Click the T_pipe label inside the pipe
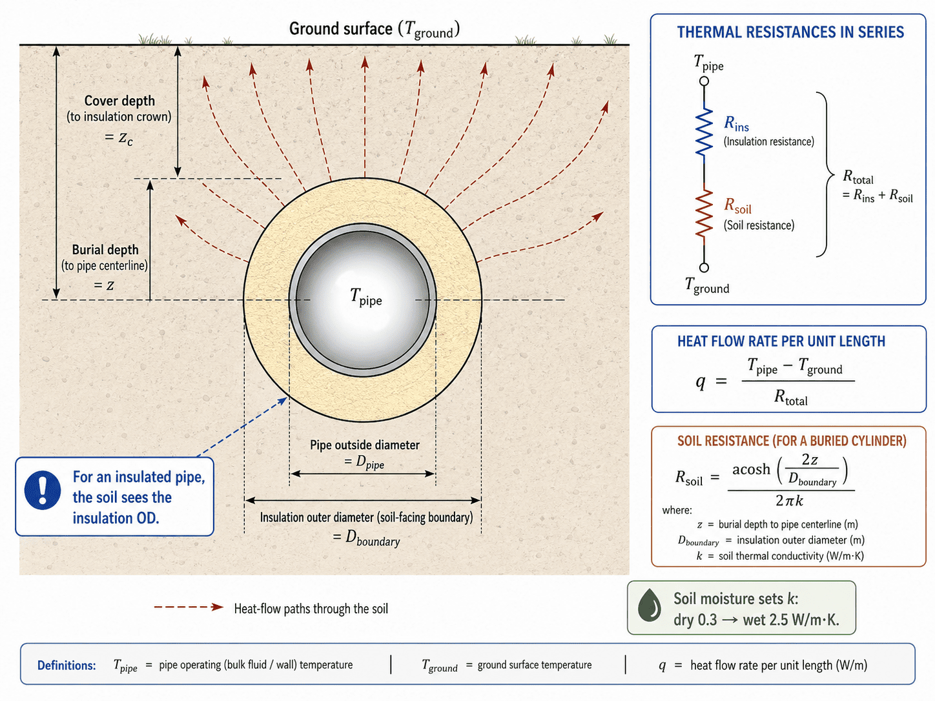[366, 297]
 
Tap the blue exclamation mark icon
[42, 490]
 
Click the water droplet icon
[649, 605]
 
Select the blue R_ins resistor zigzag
[704, 131]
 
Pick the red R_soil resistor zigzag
[704, 213]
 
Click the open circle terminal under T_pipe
[704, 81]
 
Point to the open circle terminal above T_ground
[704, 267]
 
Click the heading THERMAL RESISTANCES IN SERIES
[790, 32]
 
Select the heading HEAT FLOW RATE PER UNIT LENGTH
[781, 341]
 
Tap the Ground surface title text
[375, 29]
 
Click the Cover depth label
[119, 101]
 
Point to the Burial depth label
[105, 249]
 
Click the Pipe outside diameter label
[365, 445]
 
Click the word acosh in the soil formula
[752, 469]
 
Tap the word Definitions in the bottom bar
[67, 665]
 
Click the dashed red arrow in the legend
[189, 607]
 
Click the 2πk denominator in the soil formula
[789, 501]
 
